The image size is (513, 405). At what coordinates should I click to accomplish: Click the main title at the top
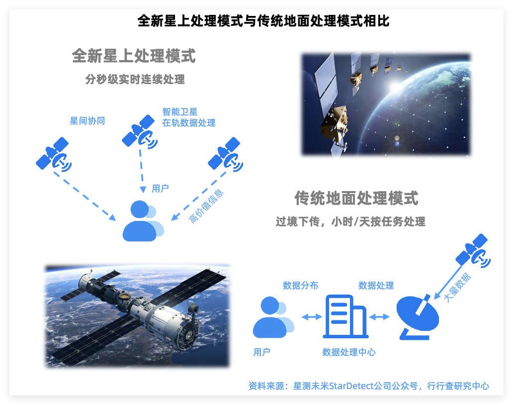(x=263, y=21)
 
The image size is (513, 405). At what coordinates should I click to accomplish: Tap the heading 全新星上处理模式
(x=134, y=56)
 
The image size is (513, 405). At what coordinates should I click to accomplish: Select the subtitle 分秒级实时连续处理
(x=135, y=79)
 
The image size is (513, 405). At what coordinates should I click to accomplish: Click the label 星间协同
(x=87, y=121)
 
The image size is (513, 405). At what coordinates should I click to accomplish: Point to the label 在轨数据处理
(x=189, y=123)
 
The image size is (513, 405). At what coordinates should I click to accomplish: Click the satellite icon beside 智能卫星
(x=140, y=132)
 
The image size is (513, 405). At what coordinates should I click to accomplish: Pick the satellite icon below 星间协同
(x=54, y=154)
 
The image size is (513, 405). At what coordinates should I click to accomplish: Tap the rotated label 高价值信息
(x=206, y=206)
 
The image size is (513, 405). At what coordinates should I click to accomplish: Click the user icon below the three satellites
(x=143, y=221)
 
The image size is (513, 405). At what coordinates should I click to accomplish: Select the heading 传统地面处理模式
(x=356, y=198)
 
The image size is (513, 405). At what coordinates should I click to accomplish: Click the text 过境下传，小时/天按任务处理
(x=350, y=221)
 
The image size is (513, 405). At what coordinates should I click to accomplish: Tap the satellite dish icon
(x=418, y=317)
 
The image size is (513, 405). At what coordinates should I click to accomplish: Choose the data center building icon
(x=346, y=316)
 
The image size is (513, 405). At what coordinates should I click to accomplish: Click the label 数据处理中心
(x=349, y=352)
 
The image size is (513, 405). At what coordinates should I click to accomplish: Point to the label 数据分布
(x=300, y=286)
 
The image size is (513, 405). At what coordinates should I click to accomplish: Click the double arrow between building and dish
(x=379, y=316)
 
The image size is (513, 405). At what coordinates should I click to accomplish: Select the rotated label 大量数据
(x=457, y=287)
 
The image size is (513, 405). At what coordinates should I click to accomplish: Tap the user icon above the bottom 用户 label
(x=273, y=317)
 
